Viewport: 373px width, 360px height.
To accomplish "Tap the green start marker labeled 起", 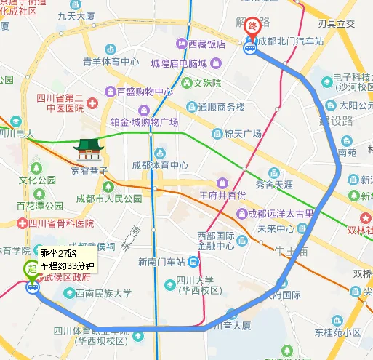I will (x=31, y=268).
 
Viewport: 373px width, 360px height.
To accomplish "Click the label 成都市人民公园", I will (x=110, y=198).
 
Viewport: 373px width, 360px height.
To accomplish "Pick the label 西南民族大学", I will (x=103, y=294).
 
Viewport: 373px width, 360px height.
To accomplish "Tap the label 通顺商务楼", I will (x=222, y=107).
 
